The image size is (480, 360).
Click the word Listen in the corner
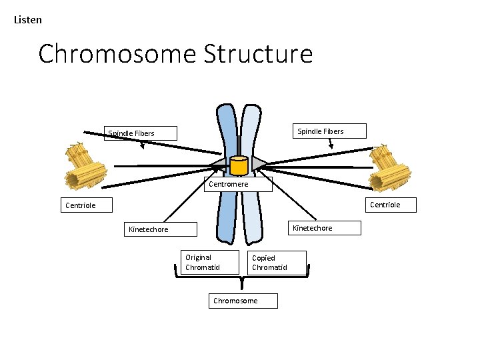pyautogui.click(x=28, y=20)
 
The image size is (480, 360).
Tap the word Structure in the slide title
pyautogui.click(x=256, y=53)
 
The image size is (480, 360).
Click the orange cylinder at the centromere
pyautogui.click(x=238, y=165)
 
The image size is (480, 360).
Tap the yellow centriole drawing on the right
pyautogui.click(x=385, y=167)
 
